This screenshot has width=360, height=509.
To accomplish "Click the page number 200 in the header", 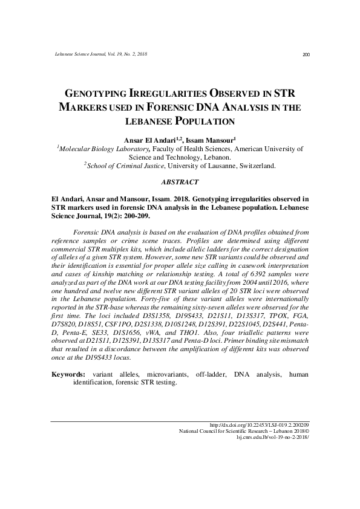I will (x=306, y=56).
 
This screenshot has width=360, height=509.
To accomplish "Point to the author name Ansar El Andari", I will (x=150, y=140).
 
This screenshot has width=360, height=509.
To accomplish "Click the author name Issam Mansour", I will (x=209, y=140).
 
